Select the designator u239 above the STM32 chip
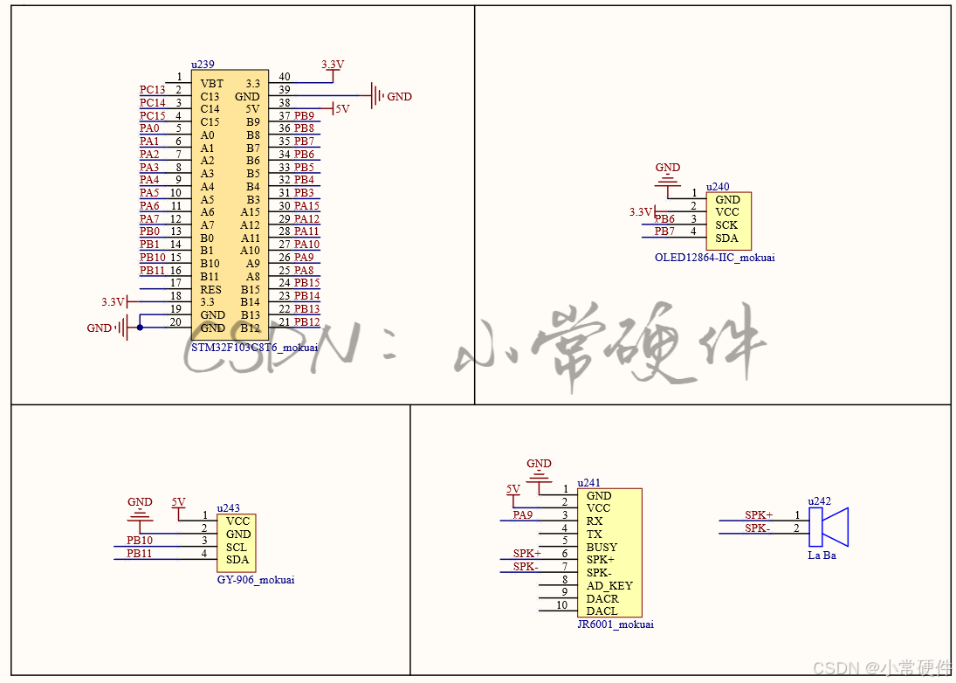pyautogui.click(x=203, y=65)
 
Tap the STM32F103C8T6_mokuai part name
pyautogui.click(x=254, y=347)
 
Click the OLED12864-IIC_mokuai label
pyautogui.click(x=714, y=258)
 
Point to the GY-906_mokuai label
pyautogui.click(x=255, y=579)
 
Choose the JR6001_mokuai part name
pyautogui.click(x=615, y=624)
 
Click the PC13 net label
pyautogui.click(x=152, y=90)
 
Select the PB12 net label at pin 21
pyautogui.click(x=306, y=322)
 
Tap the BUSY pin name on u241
pyautogui.click(x=602, y=547)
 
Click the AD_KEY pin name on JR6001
pyautogui.click(x=609, y=585)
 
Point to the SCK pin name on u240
pyautogui.click(x=726, y=225)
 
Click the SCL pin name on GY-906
pyautogui.click(x=237, y=547)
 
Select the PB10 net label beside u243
pyautogui.click(x=139, y=541)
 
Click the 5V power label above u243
pyautogui.click(x=178, y=502)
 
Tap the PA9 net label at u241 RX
pyautogui.click(x=522, y=515)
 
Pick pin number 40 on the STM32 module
pyautogui.click(x=284, y=77)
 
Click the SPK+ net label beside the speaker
pyautogui.click(x=758, y=515)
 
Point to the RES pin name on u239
pyautogui.click(x=210, y=289)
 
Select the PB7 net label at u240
pyautogui.click(x=664, y=231)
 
